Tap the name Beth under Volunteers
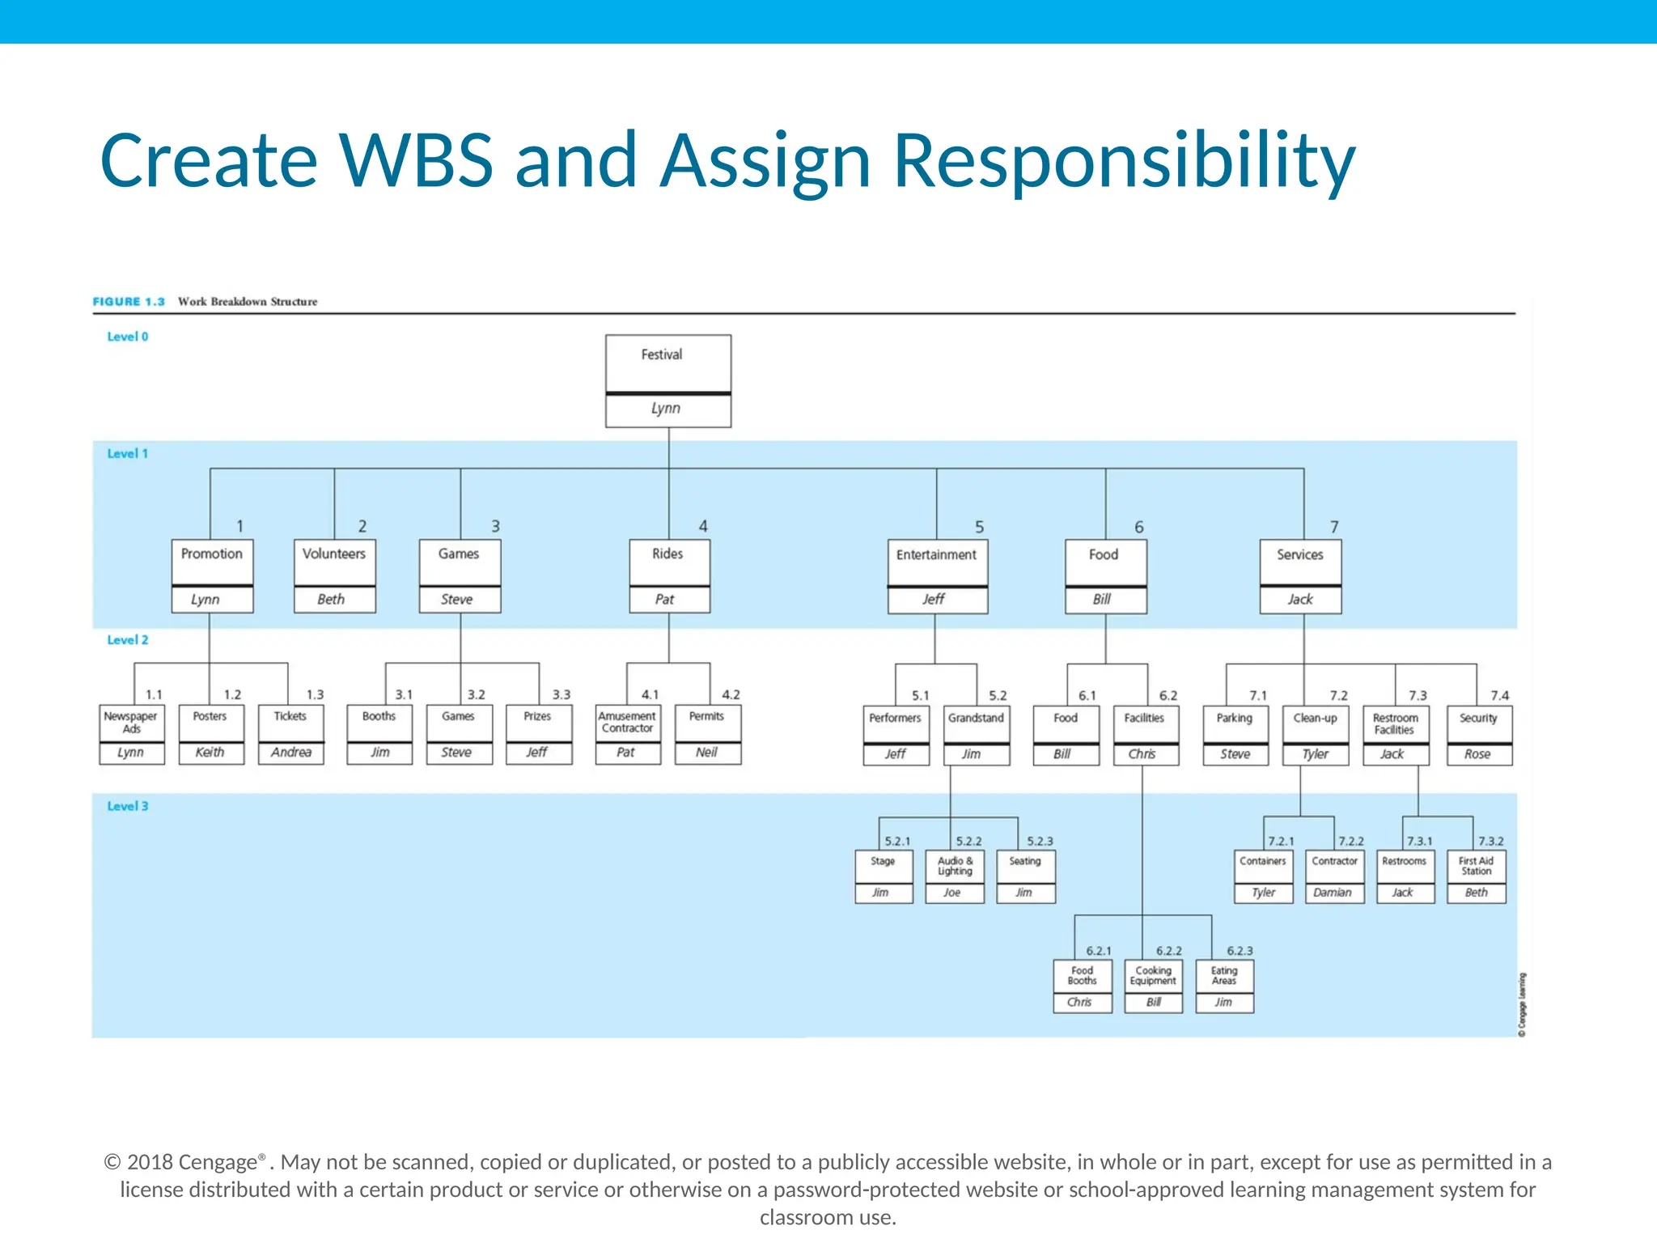(331, 600)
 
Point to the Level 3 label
(128, 806)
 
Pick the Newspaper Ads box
(131, 723)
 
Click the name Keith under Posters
(210, 753)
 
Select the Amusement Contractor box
(627, 723)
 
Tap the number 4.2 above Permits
(731, 694)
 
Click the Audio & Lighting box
(955, 866)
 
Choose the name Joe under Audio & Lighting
(952, 893)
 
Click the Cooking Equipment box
(1153, 975)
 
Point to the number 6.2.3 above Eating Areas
(1240, 951)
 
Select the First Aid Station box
(1476, 866)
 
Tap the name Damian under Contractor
(1333, 893)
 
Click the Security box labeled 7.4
(1478, 723)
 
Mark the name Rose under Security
(1477, 754)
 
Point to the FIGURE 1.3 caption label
(129, 301)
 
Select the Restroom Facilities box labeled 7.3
(1395, 723)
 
